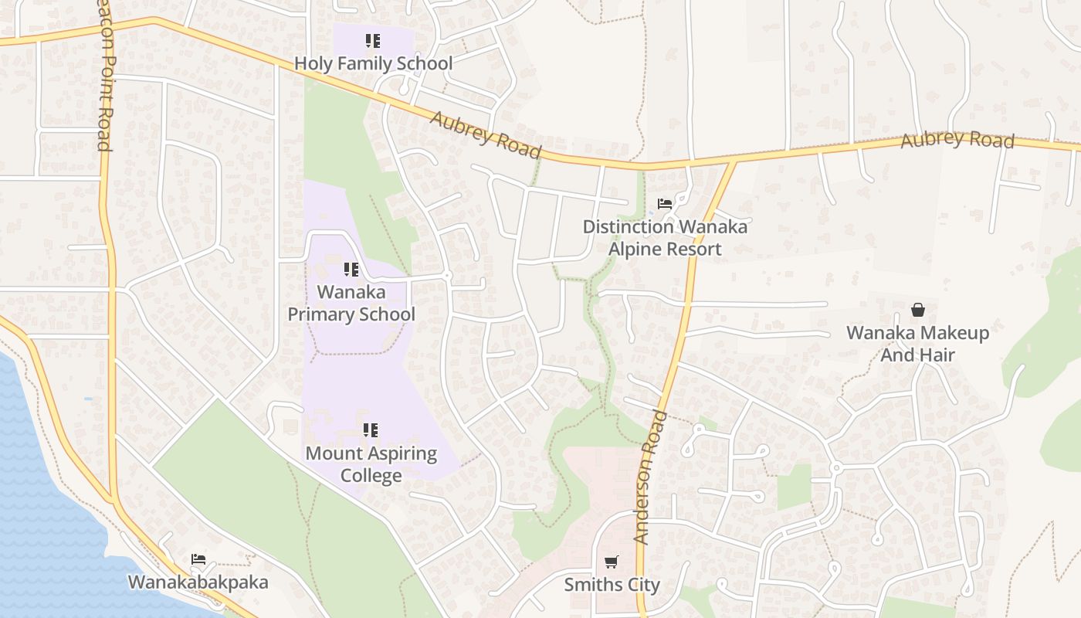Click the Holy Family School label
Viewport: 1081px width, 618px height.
(374, 63)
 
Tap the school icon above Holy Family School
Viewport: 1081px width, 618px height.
(373, 40)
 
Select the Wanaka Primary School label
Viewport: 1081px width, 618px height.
(351, 304)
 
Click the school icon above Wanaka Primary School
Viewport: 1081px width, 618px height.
(351, 270)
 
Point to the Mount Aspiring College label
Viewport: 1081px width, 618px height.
(371, 463)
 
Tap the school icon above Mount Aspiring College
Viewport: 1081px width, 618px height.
(371, 430)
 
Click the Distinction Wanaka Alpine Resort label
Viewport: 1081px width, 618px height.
(665, 238)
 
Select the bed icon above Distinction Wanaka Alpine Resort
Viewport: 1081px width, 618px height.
(665, 205)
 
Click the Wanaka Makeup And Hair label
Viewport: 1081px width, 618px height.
(917, 344)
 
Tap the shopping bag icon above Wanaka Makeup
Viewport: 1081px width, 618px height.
(918, 310)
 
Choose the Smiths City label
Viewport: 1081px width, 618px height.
(612, 585)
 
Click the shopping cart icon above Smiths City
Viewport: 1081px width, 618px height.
(612, 562)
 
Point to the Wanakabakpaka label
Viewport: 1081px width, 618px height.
(198, 582)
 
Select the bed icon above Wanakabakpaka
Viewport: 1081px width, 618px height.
(198, 559)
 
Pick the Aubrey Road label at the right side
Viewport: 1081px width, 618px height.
(957, 140)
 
